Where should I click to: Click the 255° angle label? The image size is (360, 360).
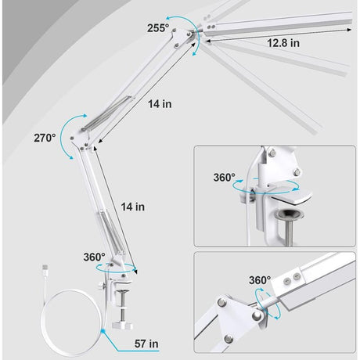[158, 28]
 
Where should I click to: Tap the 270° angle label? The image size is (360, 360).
[45, 138]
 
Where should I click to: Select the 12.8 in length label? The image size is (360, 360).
[283, 43]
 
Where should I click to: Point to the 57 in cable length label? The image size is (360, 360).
[146, 344]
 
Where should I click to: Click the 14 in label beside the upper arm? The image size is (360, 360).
[160, 104]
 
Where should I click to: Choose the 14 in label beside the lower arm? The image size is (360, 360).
[132, 207]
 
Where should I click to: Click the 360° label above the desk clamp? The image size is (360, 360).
[95, 257]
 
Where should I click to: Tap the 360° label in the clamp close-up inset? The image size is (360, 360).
[225, 178]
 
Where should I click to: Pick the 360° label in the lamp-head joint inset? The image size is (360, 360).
[260, 280]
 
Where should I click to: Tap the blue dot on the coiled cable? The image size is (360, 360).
[103, 331]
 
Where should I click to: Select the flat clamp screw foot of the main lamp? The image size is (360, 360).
[122, 326]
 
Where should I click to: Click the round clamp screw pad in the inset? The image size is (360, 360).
[290, 214]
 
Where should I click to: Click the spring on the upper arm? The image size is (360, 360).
[107, 113]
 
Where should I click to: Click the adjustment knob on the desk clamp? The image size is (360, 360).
[101, 286]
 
